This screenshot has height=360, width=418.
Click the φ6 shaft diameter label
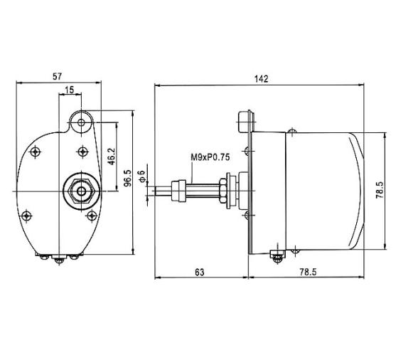[x=142, y=176]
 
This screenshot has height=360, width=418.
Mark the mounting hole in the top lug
[x=82, y=122]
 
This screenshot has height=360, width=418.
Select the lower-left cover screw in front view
[x=27, y=215]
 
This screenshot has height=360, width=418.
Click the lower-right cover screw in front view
[x=90, y=215]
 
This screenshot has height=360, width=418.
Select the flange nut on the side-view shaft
[x=225, y=191]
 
